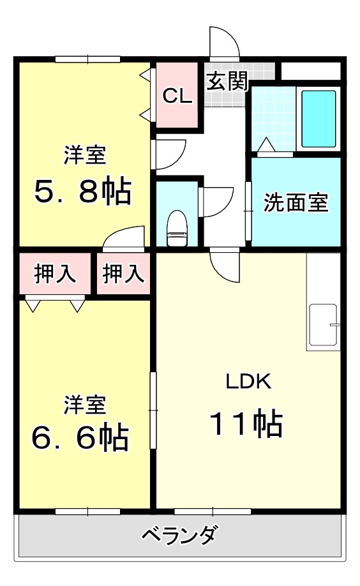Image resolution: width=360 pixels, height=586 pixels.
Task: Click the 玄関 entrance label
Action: click(227, 82)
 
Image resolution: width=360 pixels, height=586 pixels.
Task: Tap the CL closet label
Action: click(177, 96)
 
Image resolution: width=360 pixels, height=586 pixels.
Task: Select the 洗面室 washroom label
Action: click(296, 203)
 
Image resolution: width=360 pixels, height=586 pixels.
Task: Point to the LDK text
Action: click(249, 382)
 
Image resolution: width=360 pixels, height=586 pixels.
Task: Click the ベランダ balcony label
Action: click(179, 534)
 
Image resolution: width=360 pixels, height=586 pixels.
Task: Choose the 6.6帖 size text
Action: click(80, 437)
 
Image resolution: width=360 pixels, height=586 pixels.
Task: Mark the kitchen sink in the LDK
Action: click(323, 326)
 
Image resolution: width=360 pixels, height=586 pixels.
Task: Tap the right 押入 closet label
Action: click(124, 274)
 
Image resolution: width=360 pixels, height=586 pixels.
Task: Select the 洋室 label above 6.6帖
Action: click(84, 404)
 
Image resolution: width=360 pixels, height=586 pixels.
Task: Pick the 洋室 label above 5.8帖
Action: click(84, 154)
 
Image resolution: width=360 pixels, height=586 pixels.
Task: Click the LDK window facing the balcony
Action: click(213, 511)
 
